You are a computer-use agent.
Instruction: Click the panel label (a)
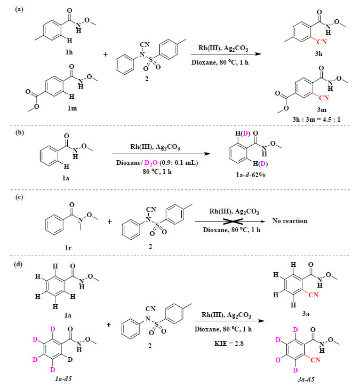pyautogui.click(x=19, y=10)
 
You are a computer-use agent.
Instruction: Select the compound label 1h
pyautogui.click(x=69, y=52)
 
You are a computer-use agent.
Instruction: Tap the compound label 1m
pyautogui.click(x=72, y=108)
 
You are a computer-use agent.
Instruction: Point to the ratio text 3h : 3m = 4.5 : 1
pyautogui.click(x=316, y=119)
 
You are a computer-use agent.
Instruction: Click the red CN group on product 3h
pyautogui.click(x=322, y=42)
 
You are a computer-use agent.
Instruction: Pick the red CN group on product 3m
pyautogui.click(x=324, y=98)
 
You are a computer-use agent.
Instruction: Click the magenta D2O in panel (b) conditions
pyautogui.click(x=151, y=163)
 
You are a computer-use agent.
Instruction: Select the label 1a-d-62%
pyautogui.click(x=251, y=175)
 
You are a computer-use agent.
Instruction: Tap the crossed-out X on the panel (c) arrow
pyautogui.click(x=233, y=221)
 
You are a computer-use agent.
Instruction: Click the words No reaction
pyautogui.click(x=290, y=221)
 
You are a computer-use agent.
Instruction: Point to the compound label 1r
pyautogui.click(x=68, y=248)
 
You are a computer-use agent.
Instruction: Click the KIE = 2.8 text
pyautogui.click(x=229, y=344)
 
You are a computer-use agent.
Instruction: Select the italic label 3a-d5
pyautogui.click(x=306, y=379)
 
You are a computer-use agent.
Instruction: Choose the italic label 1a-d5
pyautogui.click(x=63, y=379)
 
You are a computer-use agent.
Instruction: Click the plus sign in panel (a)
pyautogui.click(x=106, y=54)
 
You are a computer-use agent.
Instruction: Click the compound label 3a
pyautogui.click(x=306, y=314)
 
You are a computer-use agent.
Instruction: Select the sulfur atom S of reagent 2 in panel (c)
pyautogui.click(x=157, y=225)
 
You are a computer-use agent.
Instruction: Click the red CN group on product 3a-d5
pyautogui.click(x=316, y=360)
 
